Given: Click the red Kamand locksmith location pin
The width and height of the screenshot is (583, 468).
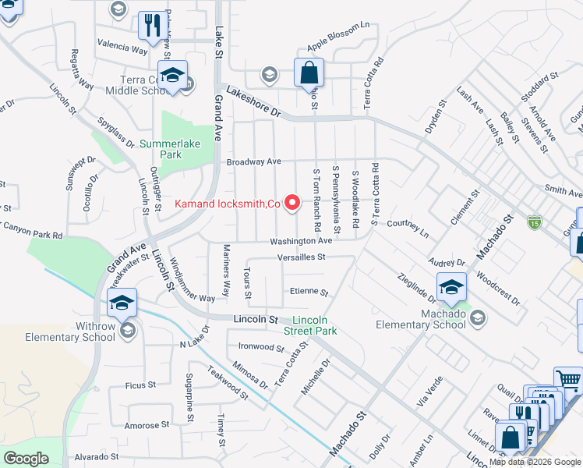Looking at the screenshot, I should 293,203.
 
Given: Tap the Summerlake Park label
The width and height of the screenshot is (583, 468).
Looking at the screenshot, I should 160,149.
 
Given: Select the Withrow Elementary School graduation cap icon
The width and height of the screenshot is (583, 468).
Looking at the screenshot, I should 122,303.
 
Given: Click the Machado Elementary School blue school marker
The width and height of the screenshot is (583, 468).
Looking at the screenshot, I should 451,288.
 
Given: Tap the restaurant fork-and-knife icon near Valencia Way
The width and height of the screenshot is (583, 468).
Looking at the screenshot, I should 150,25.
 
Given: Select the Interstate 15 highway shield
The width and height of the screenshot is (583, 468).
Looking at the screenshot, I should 534,222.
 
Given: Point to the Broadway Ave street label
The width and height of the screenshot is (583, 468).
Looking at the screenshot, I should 253,162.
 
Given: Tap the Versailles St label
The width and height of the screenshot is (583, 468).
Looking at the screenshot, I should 299,257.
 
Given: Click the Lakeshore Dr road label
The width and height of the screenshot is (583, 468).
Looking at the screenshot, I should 253,103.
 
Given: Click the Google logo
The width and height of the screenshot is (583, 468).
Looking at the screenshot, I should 26,459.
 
